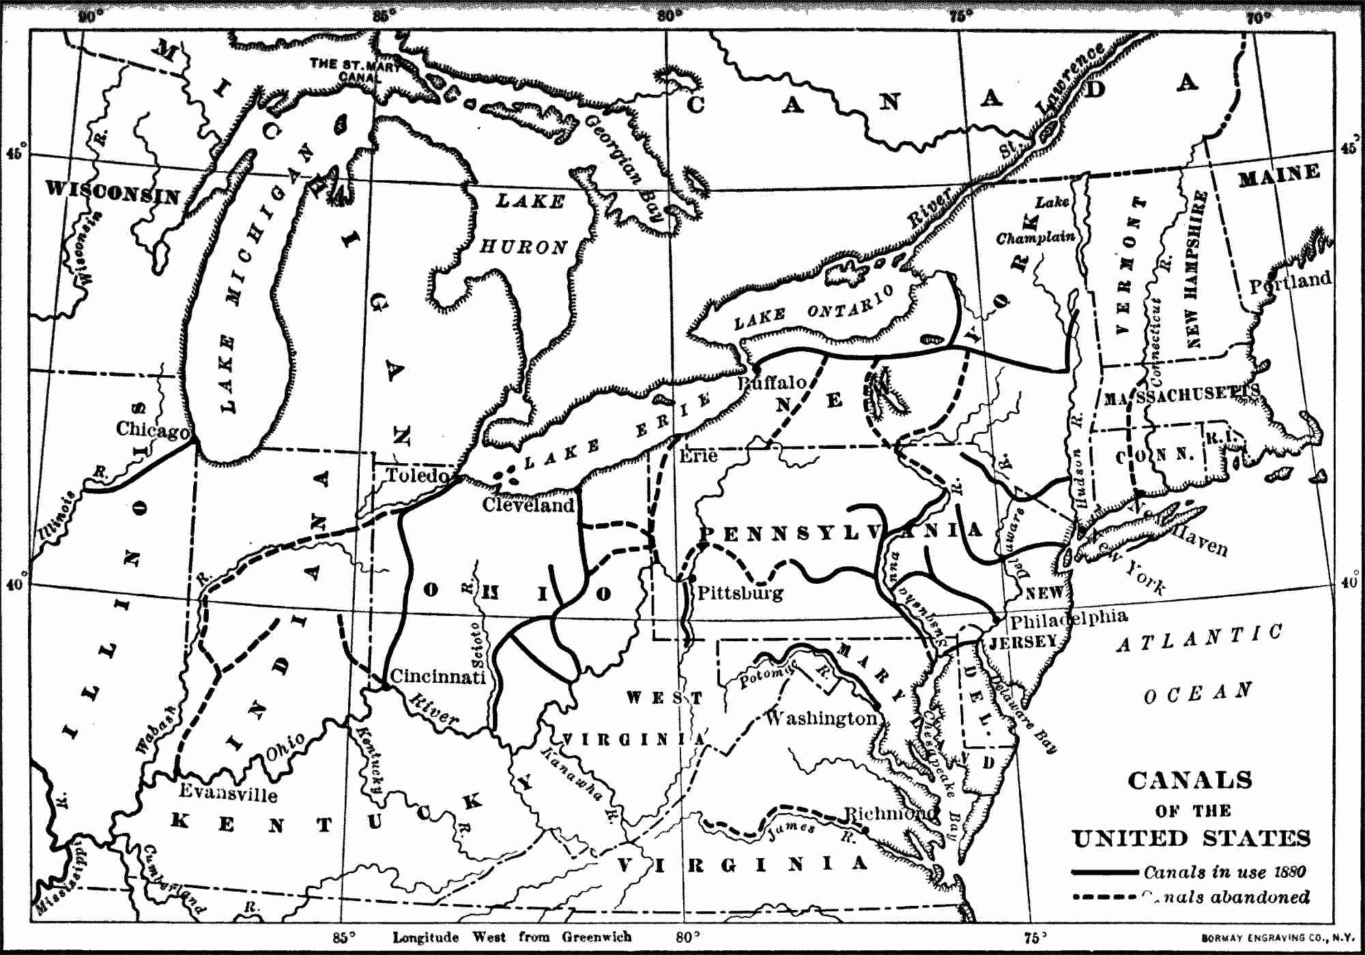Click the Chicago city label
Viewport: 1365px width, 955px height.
pos(152,430)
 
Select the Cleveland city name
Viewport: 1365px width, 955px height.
pos(528,505)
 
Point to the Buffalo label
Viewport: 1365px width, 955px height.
pos(773,383)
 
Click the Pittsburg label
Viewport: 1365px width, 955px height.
pos(740,592)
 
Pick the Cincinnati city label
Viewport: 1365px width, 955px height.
pos(437,676)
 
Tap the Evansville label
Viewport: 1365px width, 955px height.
pos(228,792)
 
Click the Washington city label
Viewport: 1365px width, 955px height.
pos(821,718)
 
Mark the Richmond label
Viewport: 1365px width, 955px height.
pos(891,813)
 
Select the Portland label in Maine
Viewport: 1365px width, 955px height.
pos(1289,281)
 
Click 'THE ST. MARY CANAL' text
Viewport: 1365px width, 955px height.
pos(355,70)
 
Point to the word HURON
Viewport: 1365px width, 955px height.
pos(523,246)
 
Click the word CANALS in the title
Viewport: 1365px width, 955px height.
pos(1190,780)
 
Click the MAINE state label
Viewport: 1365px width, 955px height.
pos(1279,175)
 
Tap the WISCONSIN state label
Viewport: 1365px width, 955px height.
pos(113,191)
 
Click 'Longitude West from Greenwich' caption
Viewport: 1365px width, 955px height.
pos(512,937)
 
